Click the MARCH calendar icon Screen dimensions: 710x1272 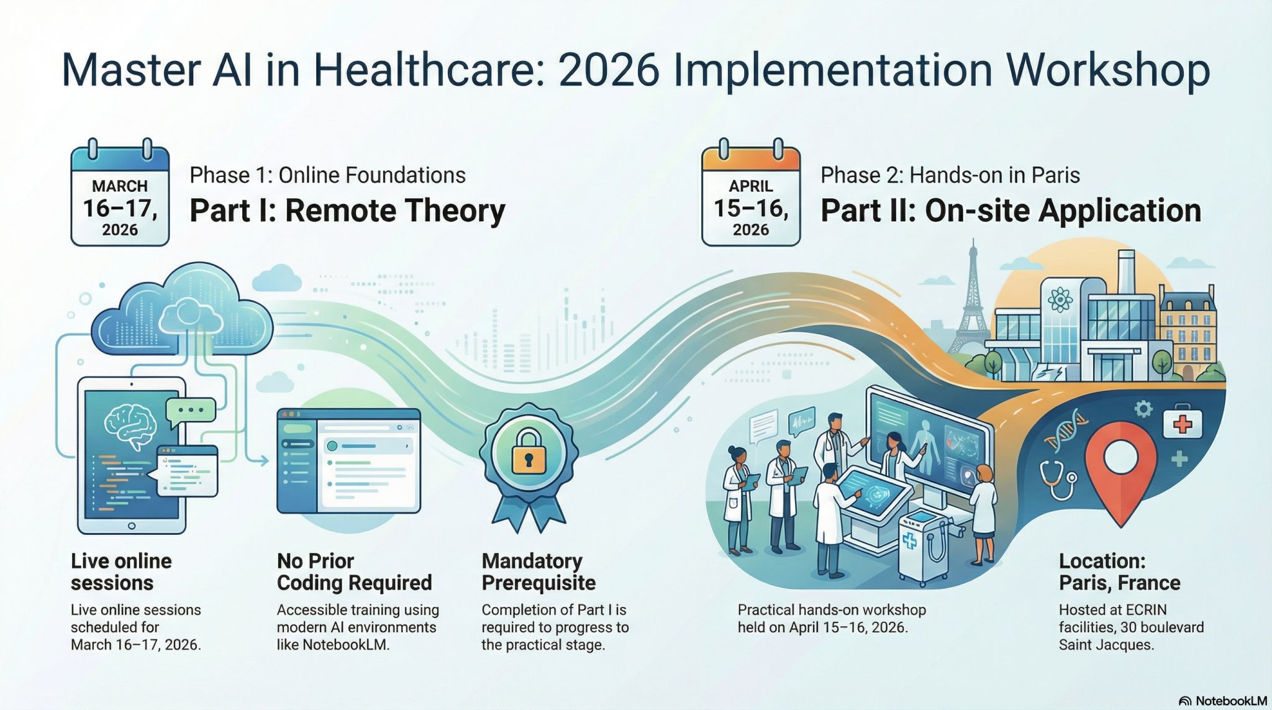pos(120,196)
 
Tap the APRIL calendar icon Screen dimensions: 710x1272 pos(750,196)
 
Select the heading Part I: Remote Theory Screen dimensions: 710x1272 pos(347,211)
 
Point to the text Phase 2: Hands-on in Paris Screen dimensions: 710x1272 pos(950,175)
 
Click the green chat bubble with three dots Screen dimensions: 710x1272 pos(190,411)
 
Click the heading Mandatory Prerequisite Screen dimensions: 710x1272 pos(538,572)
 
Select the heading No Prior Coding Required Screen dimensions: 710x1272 pos(354,572)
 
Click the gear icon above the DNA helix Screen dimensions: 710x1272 pos(1143,408)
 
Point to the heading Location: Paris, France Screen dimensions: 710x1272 pos(1119,572)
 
